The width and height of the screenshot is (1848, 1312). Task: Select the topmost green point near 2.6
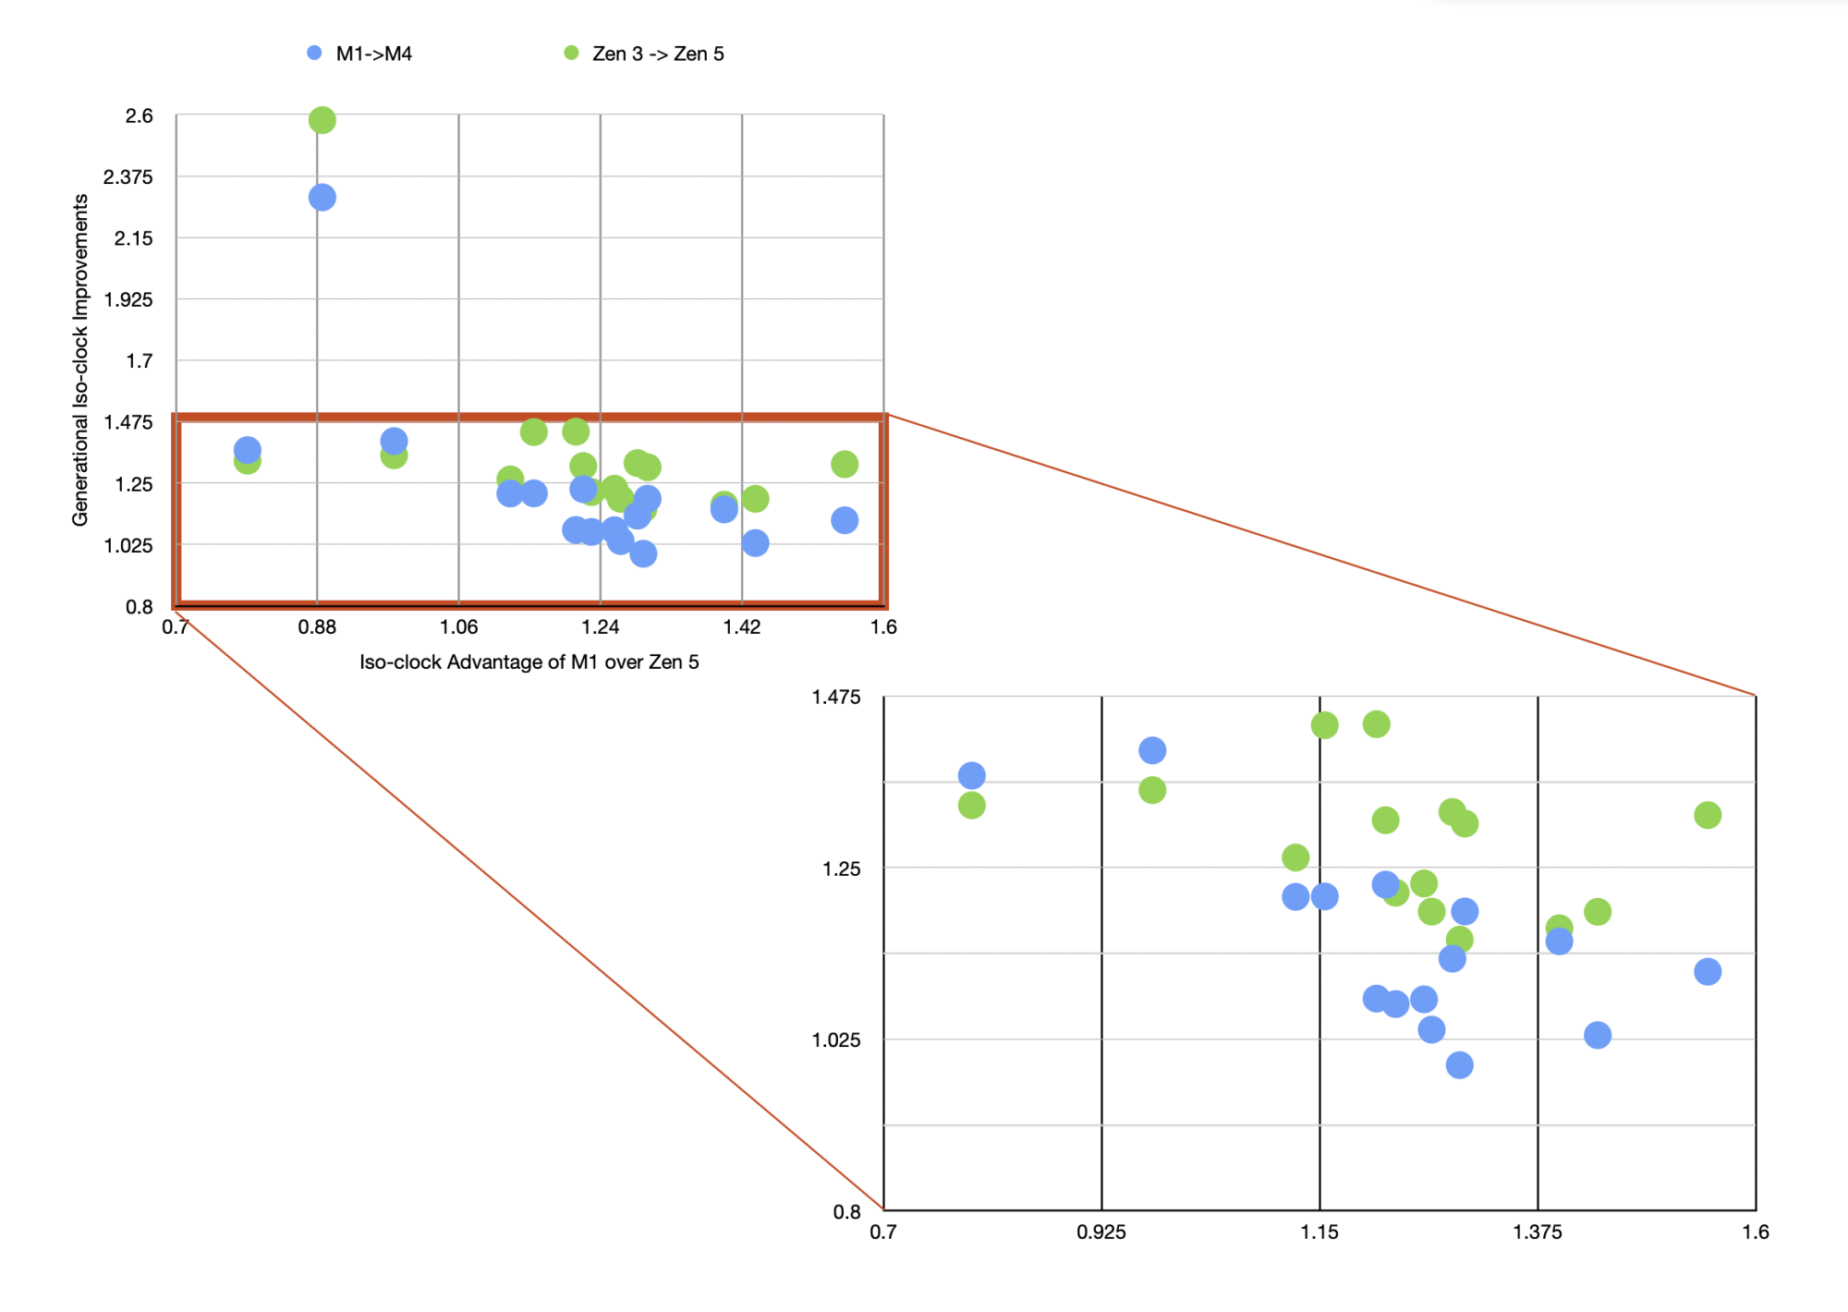click(322, 120)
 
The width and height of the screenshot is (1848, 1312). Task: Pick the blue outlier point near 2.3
click(322, 197)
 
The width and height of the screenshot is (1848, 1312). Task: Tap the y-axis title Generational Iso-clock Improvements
click(80, 360)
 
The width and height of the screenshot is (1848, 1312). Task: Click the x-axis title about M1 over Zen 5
click(529, 662)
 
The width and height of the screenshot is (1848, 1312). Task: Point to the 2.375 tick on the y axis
click(128, 176)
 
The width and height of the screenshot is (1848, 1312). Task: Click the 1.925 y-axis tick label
click(128, 299)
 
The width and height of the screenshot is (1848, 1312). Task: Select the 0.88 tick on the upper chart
click(317, 626)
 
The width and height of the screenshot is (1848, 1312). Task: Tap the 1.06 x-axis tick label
click(458, 626)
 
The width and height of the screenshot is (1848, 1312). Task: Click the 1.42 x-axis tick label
click(741, 626)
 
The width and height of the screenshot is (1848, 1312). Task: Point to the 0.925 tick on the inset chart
click(1100, 1232)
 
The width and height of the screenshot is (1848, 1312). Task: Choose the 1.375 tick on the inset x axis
click(1537, 1232)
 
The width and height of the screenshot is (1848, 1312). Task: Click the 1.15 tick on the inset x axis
click(1319, 1232)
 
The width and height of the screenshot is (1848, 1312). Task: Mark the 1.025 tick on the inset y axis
click(835, 1040)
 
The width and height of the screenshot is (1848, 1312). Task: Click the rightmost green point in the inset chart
click(1707, 815)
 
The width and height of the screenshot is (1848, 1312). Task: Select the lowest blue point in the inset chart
click(1459, 1065)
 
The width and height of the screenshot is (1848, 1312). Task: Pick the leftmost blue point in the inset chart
click(971, 775)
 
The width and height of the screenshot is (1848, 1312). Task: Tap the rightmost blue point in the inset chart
click(1707, 971)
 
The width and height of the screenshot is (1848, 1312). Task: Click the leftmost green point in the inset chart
click(971, 806)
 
